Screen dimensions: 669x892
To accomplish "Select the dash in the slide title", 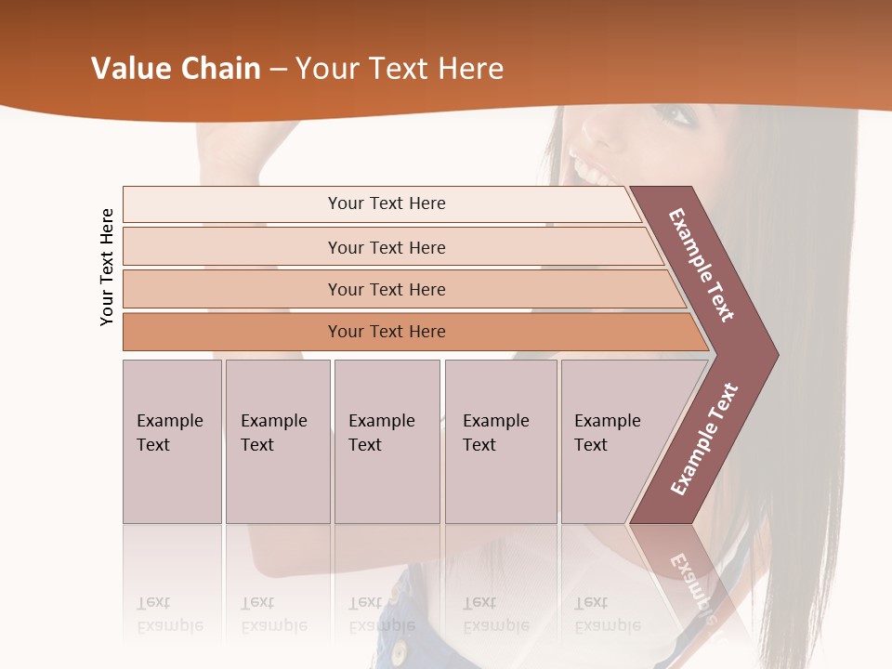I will [278, 70].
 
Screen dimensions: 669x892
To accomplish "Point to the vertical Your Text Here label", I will [107, 267].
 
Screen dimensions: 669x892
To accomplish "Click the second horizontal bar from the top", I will [387, 247].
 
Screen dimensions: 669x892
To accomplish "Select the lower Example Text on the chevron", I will [704, 439].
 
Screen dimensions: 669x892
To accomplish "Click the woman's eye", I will [676, 116].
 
